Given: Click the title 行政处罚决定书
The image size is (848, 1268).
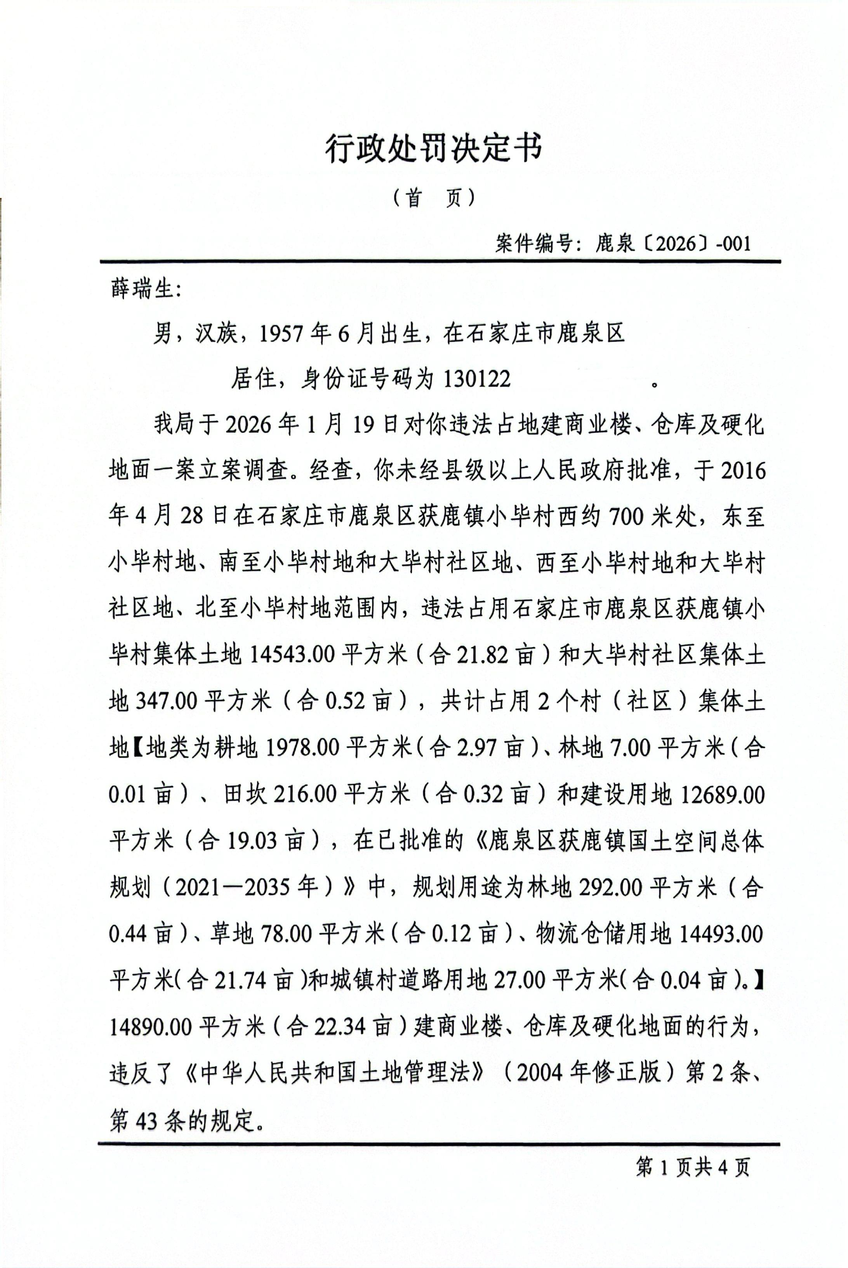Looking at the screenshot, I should point(433,148).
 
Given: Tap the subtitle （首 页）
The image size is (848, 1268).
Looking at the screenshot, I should point(434,199).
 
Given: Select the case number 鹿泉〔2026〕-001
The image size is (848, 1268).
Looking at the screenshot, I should point(673,244).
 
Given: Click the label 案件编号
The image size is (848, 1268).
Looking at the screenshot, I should point(533,244).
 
